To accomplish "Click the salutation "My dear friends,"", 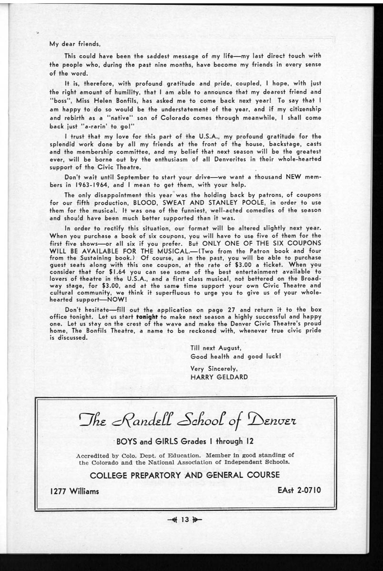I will tap(74, 45).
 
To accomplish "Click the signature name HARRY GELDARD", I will tap(219, 377).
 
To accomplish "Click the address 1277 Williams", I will tap(75, 491).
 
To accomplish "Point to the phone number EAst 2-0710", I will tap(299, 490).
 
